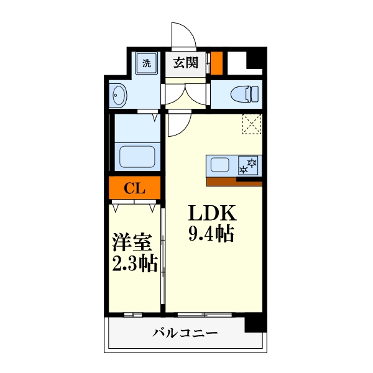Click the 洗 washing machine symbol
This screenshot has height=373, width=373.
[147, 63]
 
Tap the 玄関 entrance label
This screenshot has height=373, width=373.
[185, 62]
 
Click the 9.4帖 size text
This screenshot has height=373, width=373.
[211, 234]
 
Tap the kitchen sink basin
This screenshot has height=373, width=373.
[221, 165]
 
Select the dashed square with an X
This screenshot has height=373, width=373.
[252, 124]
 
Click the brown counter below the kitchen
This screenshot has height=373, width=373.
[234, 182]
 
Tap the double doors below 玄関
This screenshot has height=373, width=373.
[185, 94]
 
